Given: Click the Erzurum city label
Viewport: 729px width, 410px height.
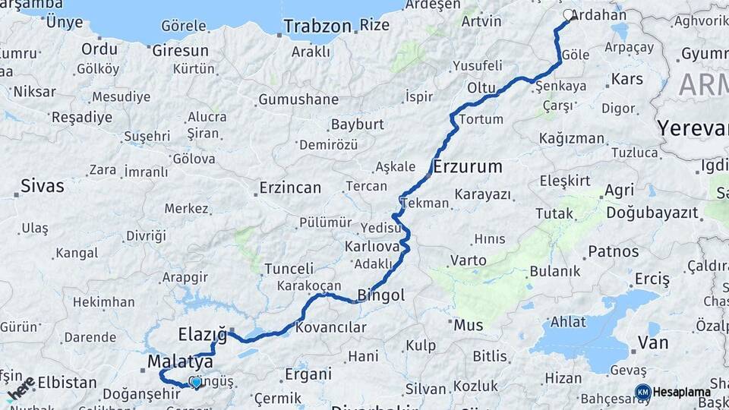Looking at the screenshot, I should point(469,166).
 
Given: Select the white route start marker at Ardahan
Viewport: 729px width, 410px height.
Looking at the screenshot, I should point(570,14).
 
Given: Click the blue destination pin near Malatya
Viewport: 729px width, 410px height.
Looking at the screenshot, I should point(196,382).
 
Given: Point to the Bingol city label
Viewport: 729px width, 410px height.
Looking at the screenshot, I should point(381,295).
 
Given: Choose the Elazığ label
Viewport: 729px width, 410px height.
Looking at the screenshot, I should point(202,334).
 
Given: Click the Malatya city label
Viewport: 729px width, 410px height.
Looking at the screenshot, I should point(181,361).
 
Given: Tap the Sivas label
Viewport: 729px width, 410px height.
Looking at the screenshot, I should point(43,186).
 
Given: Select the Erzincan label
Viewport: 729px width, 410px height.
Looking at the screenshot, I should point(290,188).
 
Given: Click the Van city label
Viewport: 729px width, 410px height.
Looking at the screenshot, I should point(653,342).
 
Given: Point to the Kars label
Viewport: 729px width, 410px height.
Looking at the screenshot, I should point(626,79).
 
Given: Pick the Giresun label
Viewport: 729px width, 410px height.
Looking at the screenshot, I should point(181,51).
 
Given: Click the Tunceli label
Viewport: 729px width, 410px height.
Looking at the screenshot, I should point(289,269).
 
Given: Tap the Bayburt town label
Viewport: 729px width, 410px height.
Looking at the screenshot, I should point(358,125).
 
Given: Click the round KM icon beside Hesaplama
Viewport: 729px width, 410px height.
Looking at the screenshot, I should point(642,392).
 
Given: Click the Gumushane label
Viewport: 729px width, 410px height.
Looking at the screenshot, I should point(298,100).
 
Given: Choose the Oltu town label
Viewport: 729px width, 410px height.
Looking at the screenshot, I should point(481,88).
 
